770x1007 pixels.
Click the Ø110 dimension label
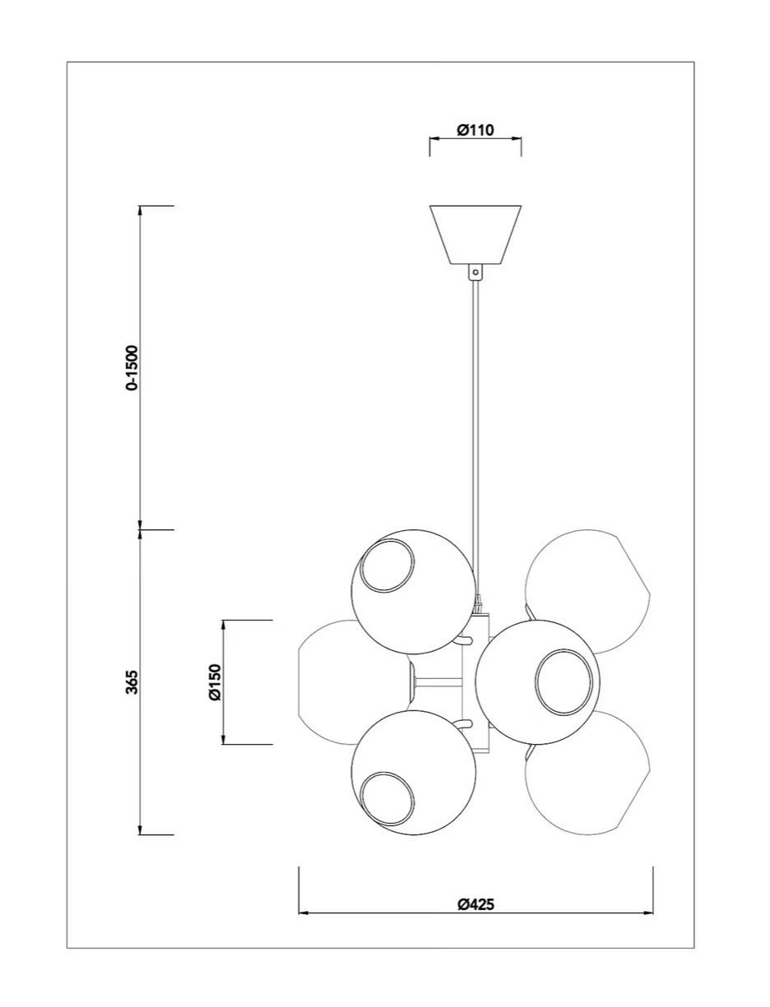coord(475,130)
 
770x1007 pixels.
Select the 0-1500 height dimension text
coord(132,367)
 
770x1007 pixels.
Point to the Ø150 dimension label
coord(215,681)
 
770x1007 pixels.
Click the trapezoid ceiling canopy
coord(475,234)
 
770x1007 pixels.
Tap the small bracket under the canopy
coord(475,271)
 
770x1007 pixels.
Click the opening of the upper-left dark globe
coord(386,565)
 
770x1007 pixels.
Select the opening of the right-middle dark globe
coord(564,681)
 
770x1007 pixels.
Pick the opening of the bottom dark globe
coord(386,799)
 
